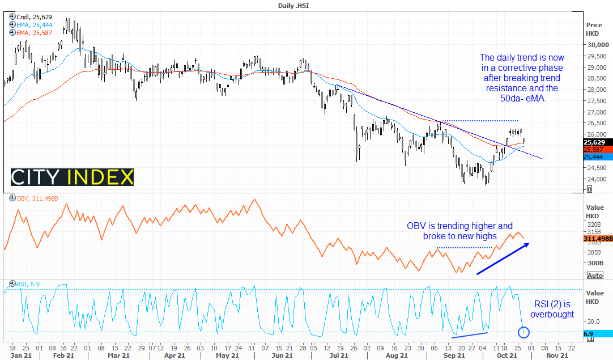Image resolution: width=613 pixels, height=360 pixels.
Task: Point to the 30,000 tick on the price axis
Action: [x=598, y=45]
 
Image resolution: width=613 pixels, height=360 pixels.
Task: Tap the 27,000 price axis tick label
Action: [x=598, y=112]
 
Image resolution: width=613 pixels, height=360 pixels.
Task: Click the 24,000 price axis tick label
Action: [x=598, y=179]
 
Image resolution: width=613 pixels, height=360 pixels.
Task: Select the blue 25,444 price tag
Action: [x=598, y=156]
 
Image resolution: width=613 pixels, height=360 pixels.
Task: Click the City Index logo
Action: [x=73, y=177]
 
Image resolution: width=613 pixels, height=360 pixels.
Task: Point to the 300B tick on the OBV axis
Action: [x=595, y=263]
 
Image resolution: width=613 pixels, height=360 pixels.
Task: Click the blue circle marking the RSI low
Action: [x=523, y=332]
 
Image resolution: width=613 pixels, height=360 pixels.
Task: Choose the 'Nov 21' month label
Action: [x=558, y=355]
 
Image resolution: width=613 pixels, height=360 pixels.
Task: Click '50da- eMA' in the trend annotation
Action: [x=522, y=99]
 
